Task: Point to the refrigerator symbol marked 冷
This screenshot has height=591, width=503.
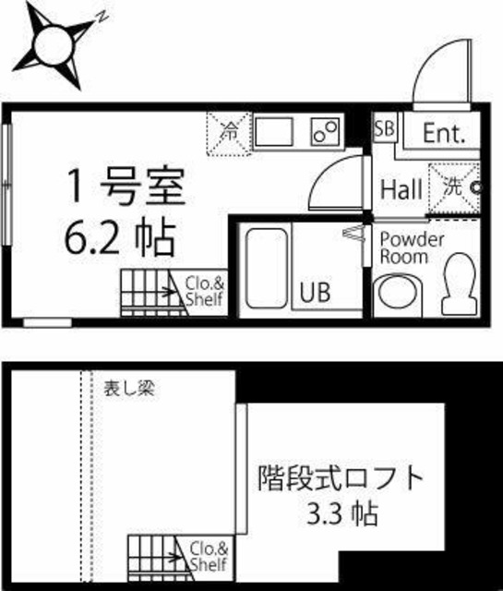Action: (227, 133)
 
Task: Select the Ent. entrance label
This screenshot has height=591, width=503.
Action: (444, 133)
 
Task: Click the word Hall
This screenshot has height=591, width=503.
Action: (402, 189)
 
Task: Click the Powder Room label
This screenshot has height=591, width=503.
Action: (412, 247)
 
